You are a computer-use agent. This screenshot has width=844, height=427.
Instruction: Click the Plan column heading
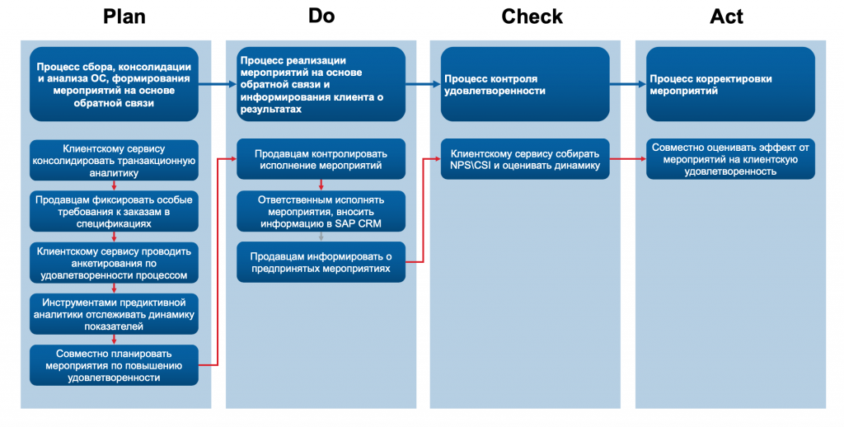(x=124, y=16)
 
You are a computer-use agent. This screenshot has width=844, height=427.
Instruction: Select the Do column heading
(x=321, y=16)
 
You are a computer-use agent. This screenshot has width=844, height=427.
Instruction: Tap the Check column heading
(x=532, y=16)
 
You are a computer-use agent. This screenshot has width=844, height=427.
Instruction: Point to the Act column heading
(x=726, y=16)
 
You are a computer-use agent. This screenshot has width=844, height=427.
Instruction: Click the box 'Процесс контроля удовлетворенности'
(x=525, y=84)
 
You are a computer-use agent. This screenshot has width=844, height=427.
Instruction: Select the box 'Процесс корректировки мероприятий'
(x=730, y=84)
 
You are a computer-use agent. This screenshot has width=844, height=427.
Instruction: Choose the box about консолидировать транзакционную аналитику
(x=114, y=161)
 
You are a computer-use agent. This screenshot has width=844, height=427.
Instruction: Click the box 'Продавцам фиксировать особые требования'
(x=114, y=212)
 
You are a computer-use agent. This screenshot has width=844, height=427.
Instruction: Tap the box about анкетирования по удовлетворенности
(x=114, y=263)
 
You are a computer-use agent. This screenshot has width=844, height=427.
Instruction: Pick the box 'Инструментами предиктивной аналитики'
(x=114, y=314)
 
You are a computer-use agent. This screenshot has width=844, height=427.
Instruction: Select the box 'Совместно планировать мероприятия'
(x=114, y=365)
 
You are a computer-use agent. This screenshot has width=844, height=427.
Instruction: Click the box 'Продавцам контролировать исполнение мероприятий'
(x=321, y=159)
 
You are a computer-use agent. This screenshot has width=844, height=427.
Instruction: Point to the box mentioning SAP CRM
(x=321, y=211)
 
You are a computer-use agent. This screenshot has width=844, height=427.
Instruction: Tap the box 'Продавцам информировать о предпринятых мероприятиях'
(x=321, y=262)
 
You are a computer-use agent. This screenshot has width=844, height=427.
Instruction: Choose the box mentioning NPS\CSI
(x=525, y=159)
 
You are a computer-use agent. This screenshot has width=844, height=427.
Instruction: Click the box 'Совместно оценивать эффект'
(x=730, y=159)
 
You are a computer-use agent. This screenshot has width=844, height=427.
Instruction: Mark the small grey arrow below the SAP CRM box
(x=321, y=237)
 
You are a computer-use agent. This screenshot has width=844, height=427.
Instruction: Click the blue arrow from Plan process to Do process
(x=218, y=84)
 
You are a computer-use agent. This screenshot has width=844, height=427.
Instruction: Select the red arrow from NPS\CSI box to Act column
(x=627, y=159)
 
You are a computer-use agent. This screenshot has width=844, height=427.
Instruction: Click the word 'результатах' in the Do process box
(x=270, y=110)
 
